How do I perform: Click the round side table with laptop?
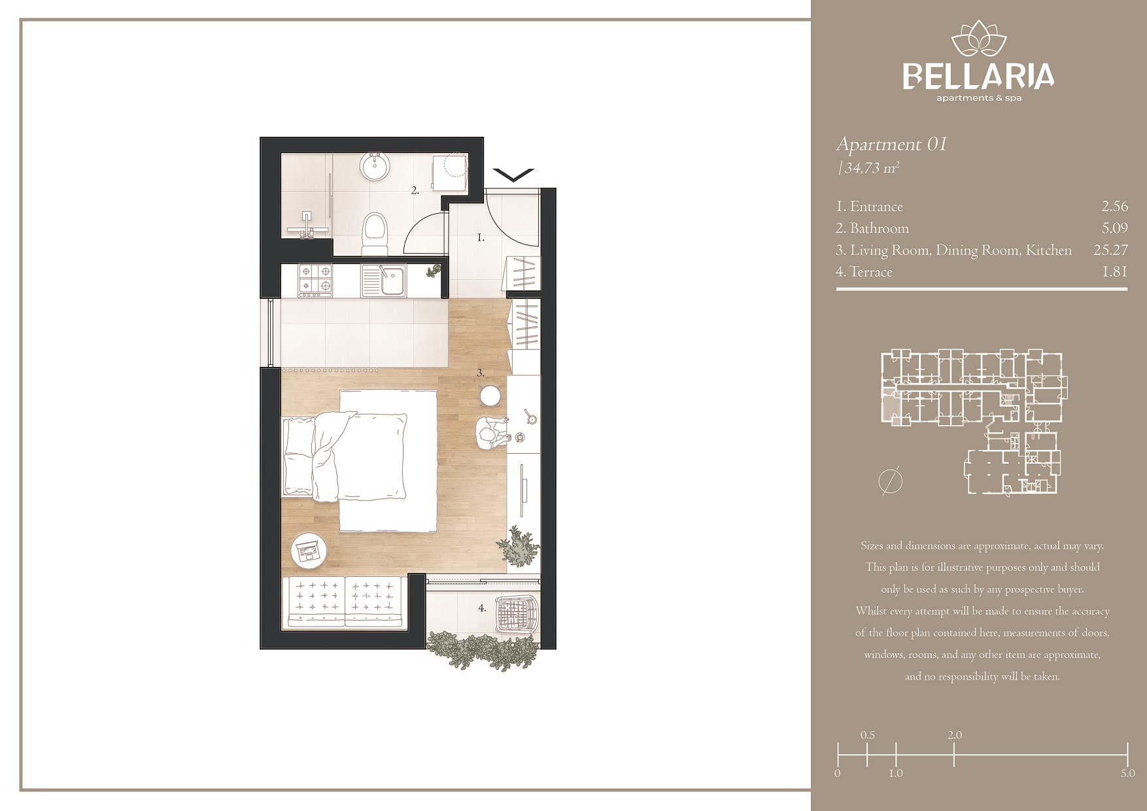[309, 550]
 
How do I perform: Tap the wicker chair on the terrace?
[518, 613]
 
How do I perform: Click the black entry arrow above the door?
[514, 175]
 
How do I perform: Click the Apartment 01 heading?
[891, 144]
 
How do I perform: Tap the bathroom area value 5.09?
[1114, 228]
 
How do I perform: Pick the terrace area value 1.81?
[1115, 271]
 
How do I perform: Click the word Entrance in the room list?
[876, 207]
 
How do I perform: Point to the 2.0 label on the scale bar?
[954, 734]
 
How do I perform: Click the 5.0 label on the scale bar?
[1127, 773]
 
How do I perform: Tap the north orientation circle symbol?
[891, 482]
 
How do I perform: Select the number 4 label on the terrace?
[482, 608]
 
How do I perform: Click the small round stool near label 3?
[491, 396]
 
